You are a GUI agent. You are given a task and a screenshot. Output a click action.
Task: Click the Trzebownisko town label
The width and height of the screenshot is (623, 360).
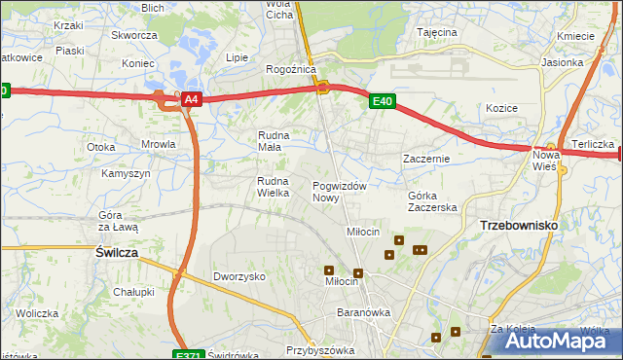click(519, 225)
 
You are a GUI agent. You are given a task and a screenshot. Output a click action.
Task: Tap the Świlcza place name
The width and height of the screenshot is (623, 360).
click(116, 251)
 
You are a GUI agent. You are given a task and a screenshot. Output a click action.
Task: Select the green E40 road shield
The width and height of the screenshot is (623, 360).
click(382, 100)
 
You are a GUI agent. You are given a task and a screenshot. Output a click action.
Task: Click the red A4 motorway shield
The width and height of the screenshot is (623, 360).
click(192, 99)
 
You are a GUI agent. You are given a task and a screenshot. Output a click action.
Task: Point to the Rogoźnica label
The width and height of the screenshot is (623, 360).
click(291, 69)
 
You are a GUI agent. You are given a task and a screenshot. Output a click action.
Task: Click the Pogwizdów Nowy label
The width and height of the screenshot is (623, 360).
click(339, 191)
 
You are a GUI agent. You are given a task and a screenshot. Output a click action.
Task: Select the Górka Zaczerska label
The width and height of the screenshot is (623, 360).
click(432, 200)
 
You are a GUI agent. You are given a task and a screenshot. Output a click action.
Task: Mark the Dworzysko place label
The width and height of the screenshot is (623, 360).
click(239, 276)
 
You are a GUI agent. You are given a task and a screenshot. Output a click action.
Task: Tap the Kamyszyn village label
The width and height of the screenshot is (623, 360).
click(126, 173)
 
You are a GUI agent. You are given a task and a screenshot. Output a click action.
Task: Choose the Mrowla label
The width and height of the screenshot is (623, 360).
click(158, 144)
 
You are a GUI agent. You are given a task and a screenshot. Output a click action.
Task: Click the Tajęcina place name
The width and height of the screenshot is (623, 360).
click(437, 32)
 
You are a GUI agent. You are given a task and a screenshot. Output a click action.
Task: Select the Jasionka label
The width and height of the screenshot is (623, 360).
click(590, 62)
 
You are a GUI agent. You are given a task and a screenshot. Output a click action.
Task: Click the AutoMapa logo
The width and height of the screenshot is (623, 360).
click(552, 341)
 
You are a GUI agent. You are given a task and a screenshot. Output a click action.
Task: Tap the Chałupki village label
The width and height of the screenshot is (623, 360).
click(133, 291)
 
